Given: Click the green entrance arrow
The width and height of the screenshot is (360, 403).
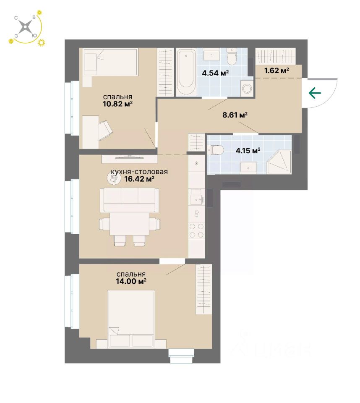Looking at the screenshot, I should coord(315,93).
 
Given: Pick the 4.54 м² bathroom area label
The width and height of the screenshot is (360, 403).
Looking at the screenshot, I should coord(215,73).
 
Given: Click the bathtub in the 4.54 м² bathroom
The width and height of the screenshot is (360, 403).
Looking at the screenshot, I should coord(186,72).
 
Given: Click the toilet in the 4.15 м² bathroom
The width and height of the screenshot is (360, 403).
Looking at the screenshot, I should coord(216,149).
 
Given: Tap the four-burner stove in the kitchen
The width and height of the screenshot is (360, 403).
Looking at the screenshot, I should coord(196,231).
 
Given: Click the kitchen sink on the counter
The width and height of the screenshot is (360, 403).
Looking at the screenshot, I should coord(196,197).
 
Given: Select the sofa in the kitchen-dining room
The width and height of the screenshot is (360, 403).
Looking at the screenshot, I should coord(129,200).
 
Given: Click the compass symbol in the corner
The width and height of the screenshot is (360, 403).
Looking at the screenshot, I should coord(26,28).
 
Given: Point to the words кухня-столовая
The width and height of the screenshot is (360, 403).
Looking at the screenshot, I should coord(139,172).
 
